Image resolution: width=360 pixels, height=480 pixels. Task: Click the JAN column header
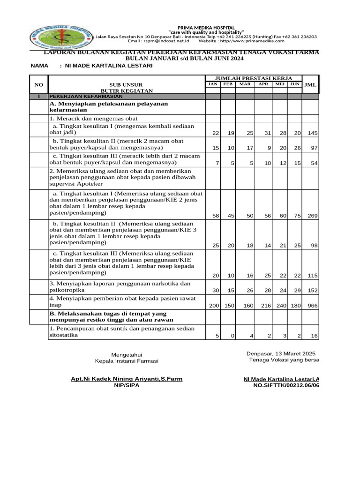(x=213, y=84)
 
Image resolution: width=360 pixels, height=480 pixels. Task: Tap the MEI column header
(x=280, y=84)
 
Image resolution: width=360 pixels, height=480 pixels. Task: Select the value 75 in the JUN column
(x=297, y=216)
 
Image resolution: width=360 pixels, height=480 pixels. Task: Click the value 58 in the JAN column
(x=216, y=216)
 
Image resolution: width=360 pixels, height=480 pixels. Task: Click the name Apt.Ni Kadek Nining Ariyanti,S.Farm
(x=127, y=379)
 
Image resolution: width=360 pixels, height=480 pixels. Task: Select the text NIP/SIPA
(x=127, y=385)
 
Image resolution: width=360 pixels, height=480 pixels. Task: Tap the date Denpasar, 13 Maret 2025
(x=281, y=353)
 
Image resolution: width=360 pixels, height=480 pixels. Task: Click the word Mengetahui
(x=127, y=354)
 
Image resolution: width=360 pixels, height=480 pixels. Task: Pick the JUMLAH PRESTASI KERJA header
(x=254, y=78)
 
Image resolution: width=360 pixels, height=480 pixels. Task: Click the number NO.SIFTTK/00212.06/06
(x=286, y=385)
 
